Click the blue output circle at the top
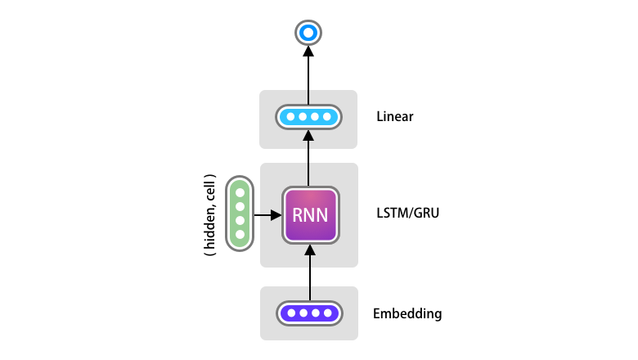(308, 33)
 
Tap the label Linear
(395, 117)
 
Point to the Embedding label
(407, 313)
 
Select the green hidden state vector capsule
(240, 214)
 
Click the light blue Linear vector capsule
(308, 117)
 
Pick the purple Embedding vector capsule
(309, 313)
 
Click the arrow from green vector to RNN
(267, 216)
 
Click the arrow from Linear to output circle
(308, 74)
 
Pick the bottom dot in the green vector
(240, 235)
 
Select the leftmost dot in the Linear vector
(289, 117)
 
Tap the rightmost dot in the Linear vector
(328, 117)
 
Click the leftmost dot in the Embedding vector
(290, 313)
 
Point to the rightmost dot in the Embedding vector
(329, 313)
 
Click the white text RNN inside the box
(309, 217)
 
